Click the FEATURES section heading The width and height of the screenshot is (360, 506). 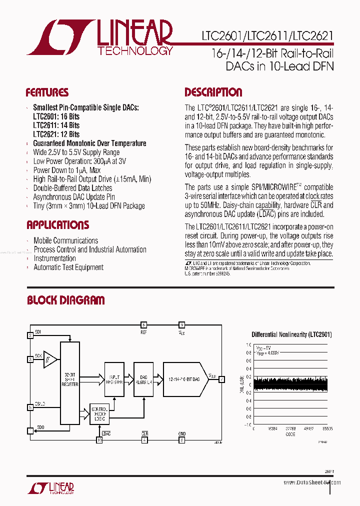tap(47, 92)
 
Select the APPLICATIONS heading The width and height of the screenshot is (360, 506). tap(57, 225)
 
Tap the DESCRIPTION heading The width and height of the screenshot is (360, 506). tap(213, 92)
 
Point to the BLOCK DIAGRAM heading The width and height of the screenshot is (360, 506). tap(65, 300)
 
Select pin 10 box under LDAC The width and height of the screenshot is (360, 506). tap(99, 440)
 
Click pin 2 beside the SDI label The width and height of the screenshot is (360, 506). tap(30, 335)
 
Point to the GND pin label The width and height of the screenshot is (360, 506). tap(181, 433)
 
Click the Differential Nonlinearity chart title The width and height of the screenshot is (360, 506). tap(291, 334)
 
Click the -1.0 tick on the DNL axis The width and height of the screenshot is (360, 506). tap(247, 424)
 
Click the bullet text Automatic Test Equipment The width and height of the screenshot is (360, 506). tap(68, 267)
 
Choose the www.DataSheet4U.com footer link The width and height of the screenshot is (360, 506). tap(312, 482)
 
